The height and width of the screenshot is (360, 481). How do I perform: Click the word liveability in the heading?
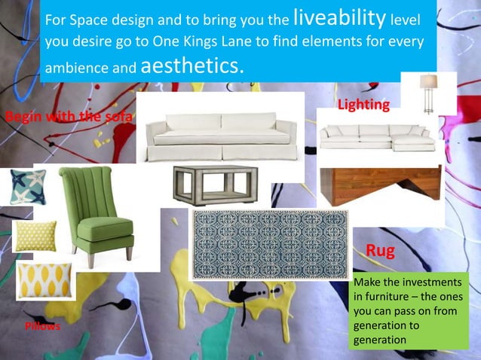(340, 17)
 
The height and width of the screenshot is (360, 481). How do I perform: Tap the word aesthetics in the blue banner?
(191, 66)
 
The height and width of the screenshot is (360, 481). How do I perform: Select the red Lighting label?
(363, 105)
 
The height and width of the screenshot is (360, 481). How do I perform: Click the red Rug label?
(381, 251)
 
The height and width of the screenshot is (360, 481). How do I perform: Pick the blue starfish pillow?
(28, 187)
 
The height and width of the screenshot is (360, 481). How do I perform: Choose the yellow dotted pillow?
(35, 236)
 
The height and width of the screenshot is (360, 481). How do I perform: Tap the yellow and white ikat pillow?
(44, 280)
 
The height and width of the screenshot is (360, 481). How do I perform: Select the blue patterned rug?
(269, 244)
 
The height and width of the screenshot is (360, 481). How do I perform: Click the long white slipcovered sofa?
(220, 134)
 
